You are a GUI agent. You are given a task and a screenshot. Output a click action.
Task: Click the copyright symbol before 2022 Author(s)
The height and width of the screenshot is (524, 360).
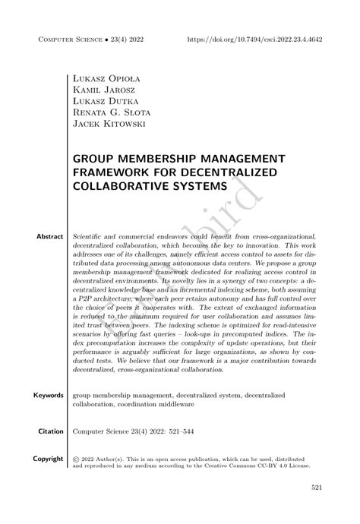click(x=77, y=460)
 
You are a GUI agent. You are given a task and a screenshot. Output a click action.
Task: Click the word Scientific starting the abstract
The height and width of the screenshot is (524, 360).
click(x=92, y=237)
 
